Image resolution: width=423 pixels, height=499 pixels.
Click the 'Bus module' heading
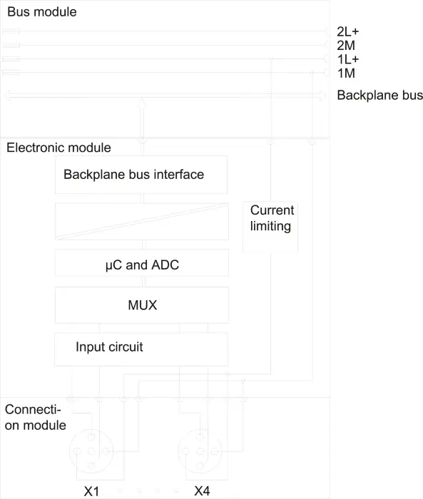tap(41, 12)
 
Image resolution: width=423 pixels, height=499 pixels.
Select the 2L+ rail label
tap(348, 31)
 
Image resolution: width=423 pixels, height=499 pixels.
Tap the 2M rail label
tap(346, 46)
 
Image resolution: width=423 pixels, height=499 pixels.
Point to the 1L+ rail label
tap(348, 59)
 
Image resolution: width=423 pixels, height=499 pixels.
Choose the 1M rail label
tap(346, 73)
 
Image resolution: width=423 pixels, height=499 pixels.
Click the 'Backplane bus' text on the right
tap(380, 95)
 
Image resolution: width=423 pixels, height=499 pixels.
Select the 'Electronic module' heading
tap(58, 148)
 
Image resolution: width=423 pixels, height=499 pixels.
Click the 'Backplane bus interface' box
tap(141, 175)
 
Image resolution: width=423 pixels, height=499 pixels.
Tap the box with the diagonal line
tap(142, 222)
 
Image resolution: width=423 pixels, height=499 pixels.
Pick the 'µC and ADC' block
tap(142, 263)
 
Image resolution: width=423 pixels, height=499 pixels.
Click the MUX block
tap(142, 305)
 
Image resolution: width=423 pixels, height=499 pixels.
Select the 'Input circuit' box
tap(141, 349)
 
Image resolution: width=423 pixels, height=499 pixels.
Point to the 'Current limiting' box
tap(270, 227)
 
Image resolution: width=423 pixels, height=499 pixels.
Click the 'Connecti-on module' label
tap(36, 417)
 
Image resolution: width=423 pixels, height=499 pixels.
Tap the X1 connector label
tap(91, 491)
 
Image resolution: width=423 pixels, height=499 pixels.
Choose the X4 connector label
tap(203, 491)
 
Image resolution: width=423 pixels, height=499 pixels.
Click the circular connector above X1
tap(91, 430)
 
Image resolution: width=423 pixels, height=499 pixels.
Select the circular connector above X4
tap(200, 430)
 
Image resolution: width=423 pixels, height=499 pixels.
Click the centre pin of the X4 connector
tap(200, 451)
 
